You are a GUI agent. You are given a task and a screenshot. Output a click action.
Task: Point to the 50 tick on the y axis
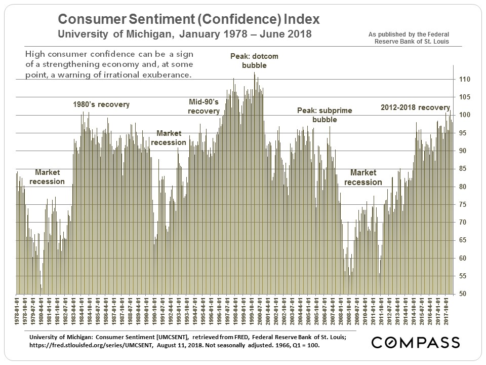[x=462, y=294]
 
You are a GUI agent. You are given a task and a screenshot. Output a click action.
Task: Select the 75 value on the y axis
[x=462, y=205]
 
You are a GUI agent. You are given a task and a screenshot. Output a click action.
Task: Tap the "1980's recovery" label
[x=102, y=104]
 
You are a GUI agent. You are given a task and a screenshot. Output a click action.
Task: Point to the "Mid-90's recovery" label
[x=204, y=106]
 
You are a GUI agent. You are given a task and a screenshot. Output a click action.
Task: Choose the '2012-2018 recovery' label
[x=415, y=107]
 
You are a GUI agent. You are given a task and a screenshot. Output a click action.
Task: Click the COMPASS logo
[x=415, y=342]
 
